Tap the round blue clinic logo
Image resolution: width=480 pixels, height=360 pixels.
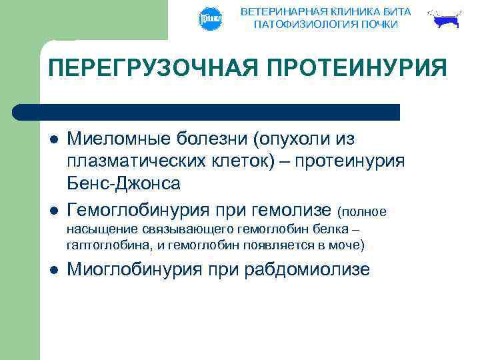pos(210,19)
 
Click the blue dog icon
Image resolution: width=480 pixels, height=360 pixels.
pos(445,20)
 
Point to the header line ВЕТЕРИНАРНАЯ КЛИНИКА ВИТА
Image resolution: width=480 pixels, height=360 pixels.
pos(326,12)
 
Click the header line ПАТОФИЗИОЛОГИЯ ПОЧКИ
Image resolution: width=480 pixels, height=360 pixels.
pos(326,25)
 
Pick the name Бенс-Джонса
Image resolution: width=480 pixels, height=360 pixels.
pos(124,183)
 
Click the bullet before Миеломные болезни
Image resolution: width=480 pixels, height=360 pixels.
pos(53,140)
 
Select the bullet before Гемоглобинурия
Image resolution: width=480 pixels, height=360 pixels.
pos(53,211)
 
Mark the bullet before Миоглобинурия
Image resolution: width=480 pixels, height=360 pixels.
pos(53,271)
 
